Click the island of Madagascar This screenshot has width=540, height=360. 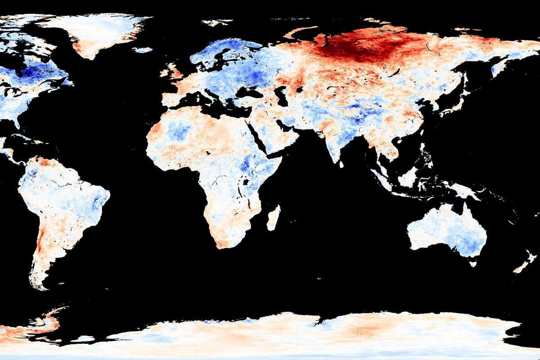[273, 218]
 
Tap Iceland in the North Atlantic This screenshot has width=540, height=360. [143, 49]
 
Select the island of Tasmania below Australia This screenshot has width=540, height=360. [473, 263]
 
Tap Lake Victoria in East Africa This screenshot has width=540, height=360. [246, 182]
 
